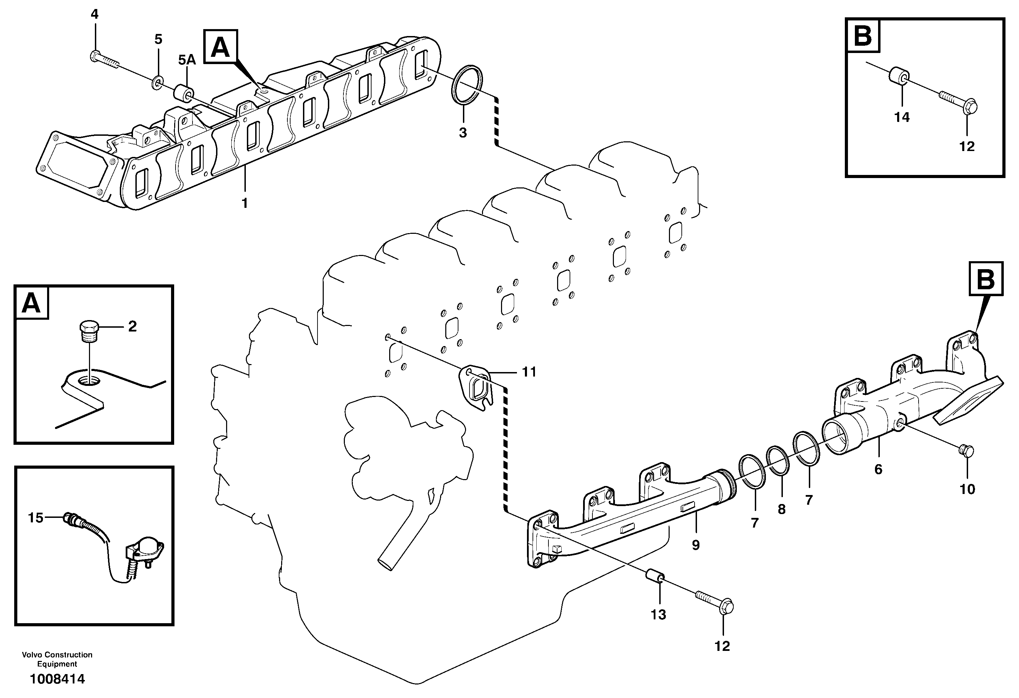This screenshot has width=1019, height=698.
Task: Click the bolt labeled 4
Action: (104, 60)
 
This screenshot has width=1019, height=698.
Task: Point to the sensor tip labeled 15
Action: (69, 518)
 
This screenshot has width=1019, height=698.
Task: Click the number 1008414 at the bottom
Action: (57, 680)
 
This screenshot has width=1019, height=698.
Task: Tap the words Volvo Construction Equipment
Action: (57, 659)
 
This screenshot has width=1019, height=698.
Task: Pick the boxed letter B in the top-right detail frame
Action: (863, 36)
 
